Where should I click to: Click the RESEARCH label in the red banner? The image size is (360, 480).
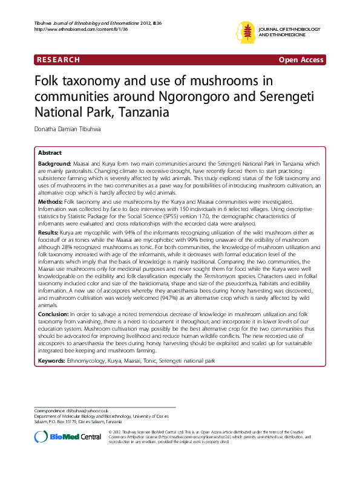point(58,59)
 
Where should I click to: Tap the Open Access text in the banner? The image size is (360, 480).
point(301,59)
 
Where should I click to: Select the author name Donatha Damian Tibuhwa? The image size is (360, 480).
point(68,129)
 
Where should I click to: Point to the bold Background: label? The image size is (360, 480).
point(54,164)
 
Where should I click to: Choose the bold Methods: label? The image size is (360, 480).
point(51,200)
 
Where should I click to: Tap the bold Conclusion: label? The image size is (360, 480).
point(54,315)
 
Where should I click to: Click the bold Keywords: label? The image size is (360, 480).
point(52,360)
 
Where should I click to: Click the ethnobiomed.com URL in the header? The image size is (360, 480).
point(73,28)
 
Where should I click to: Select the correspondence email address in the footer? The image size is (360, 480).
point(85,411)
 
